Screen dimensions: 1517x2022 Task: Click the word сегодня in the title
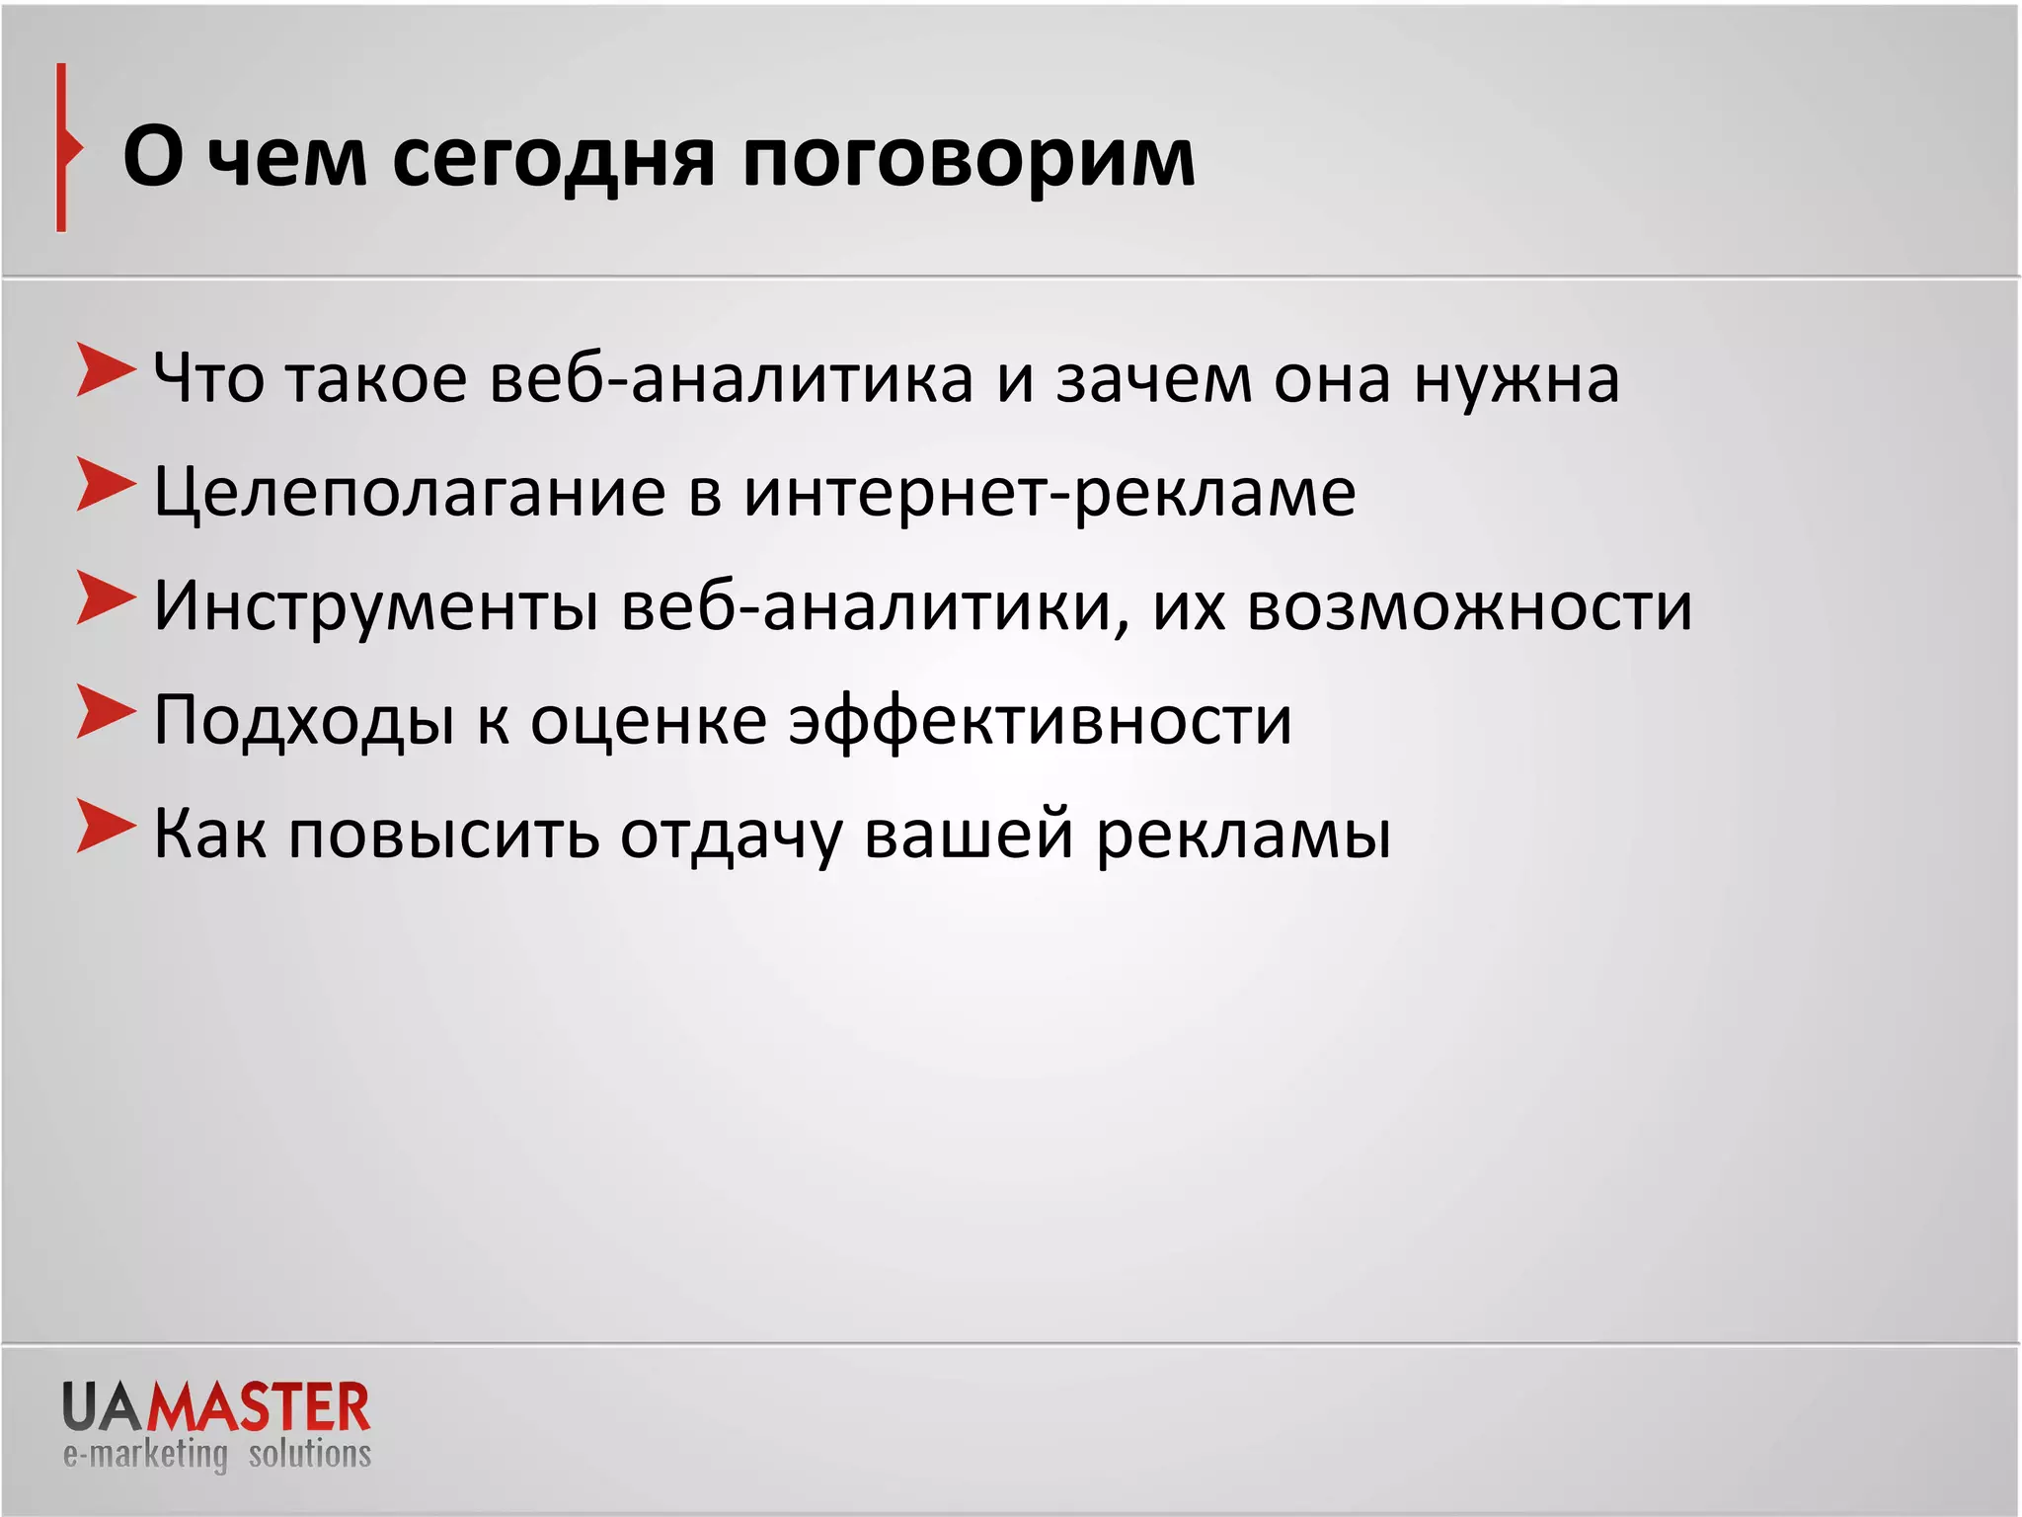553,160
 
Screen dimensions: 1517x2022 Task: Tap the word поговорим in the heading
968,160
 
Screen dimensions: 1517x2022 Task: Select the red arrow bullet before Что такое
105,371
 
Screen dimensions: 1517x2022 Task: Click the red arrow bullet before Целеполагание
105,485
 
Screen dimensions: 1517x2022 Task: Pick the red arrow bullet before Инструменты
105,599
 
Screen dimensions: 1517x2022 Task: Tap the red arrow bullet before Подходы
105,712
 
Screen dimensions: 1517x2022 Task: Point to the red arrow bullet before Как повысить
105,827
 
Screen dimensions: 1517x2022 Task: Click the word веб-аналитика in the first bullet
731,379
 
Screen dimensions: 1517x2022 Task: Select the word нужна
1516,379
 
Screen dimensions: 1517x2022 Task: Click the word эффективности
1040,721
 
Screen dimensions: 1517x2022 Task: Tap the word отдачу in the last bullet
731,836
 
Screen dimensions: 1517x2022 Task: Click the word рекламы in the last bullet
1243,836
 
